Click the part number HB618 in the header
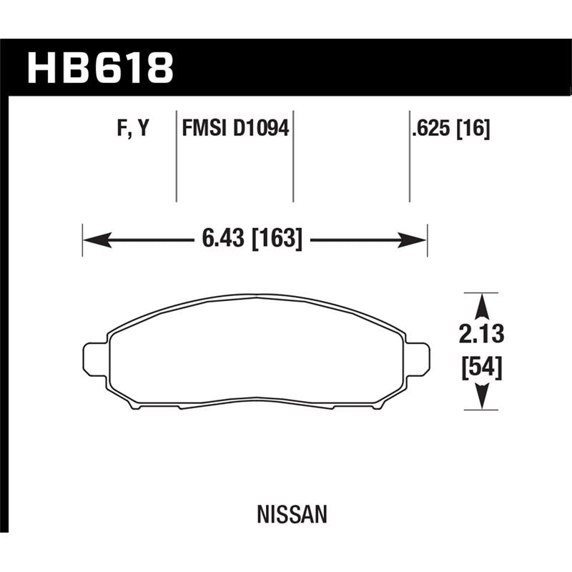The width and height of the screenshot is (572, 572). [x=100, y=67]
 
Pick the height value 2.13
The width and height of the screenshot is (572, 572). [x=483, y=334]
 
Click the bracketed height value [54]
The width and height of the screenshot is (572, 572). [x=483, y=369]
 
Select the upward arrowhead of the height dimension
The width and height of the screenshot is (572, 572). [x=483, y=305]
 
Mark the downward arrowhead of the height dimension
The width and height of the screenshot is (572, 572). [x=483, y=398]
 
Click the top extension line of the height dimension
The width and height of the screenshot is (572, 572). [x=480, y=292]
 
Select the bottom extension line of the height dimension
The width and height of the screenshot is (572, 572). [x=480, y=410]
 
